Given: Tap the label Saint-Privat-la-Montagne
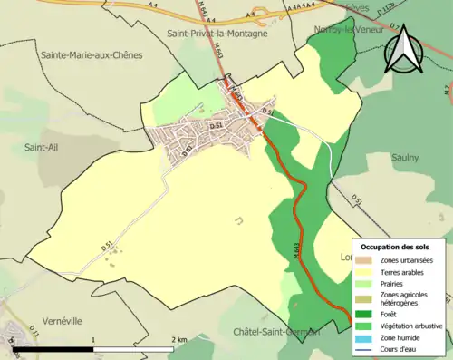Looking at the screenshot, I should tap(217, 34).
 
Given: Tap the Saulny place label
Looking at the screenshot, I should tap(405, 157).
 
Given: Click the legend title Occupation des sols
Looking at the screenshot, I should tap(401, 247).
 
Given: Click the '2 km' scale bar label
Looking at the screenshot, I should tap(179, 339).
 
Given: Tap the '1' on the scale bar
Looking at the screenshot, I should tap(93, 339).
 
